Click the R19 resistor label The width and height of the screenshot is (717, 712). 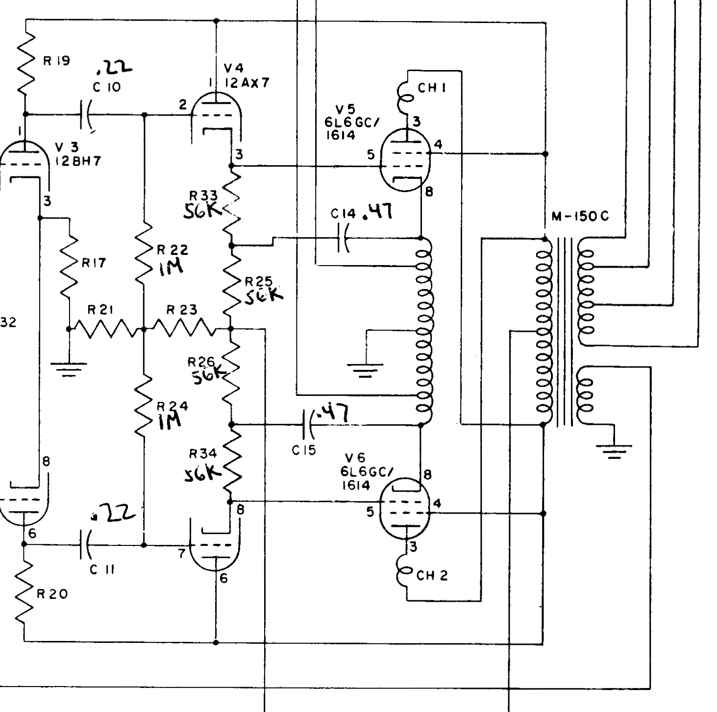tap(56, 61)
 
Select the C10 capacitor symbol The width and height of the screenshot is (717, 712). tap(86, 116)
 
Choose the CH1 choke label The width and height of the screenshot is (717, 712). tap(433, 88)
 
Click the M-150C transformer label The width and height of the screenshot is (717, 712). tap(580, 216)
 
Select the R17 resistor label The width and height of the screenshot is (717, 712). tap(93, 263)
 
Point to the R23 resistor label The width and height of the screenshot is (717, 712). tap(181, 310)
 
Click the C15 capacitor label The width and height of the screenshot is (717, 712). tap(304, 450)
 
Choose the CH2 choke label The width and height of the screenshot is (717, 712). tap(432, 575)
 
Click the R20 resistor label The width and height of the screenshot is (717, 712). tap(52, 594)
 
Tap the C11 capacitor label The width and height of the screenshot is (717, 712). tap(102, 570)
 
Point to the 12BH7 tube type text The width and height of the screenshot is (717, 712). tap(78, 161)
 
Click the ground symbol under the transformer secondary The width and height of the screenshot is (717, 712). tap(614, 449)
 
